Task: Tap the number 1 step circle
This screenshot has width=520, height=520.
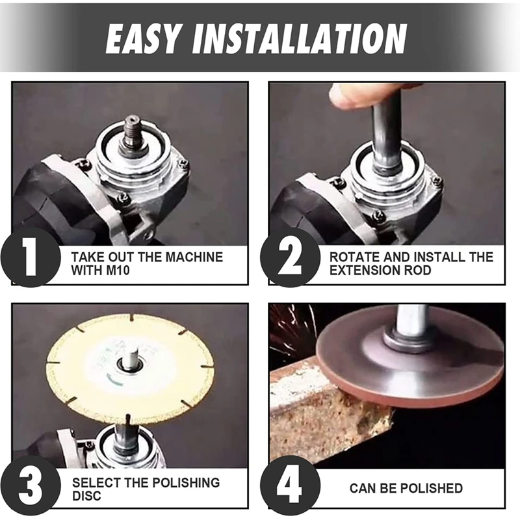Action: (31, 257)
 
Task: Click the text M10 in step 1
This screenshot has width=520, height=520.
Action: (118, 270)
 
